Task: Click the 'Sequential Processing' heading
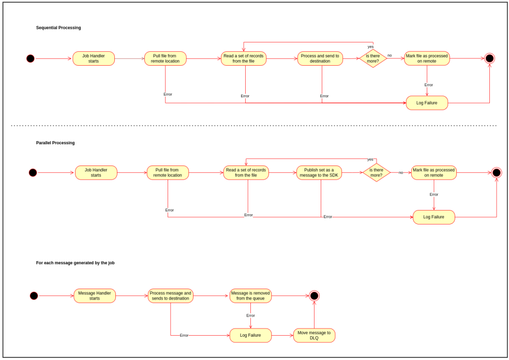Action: click(58, 27)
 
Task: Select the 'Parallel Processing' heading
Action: click(55, 143)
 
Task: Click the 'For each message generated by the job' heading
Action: click(75, 263)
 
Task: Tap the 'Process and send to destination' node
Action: click(320, 58)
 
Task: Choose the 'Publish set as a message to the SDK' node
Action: click(319, 173)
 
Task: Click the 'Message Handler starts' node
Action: click(95, 296)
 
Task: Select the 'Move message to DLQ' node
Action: click(314, 335)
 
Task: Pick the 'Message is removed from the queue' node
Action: click(250, 296)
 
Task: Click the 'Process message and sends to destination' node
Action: click(170, 296)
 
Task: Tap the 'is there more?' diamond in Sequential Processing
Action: click(373, 58)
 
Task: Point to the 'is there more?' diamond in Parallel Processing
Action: click(376, 173)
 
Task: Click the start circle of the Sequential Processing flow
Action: click(31, 58)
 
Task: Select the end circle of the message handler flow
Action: click(314, 296)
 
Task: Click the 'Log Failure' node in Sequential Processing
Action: click(427, 103)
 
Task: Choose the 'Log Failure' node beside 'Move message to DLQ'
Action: click(250, 335)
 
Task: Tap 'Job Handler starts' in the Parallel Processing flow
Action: click(96, 173)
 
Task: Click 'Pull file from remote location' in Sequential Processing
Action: click(166, 58)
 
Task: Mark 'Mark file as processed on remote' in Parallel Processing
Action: click(434, 173)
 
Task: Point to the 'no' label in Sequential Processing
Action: click(390, 55)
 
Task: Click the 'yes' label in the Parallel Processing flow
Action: click(370, 159)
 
